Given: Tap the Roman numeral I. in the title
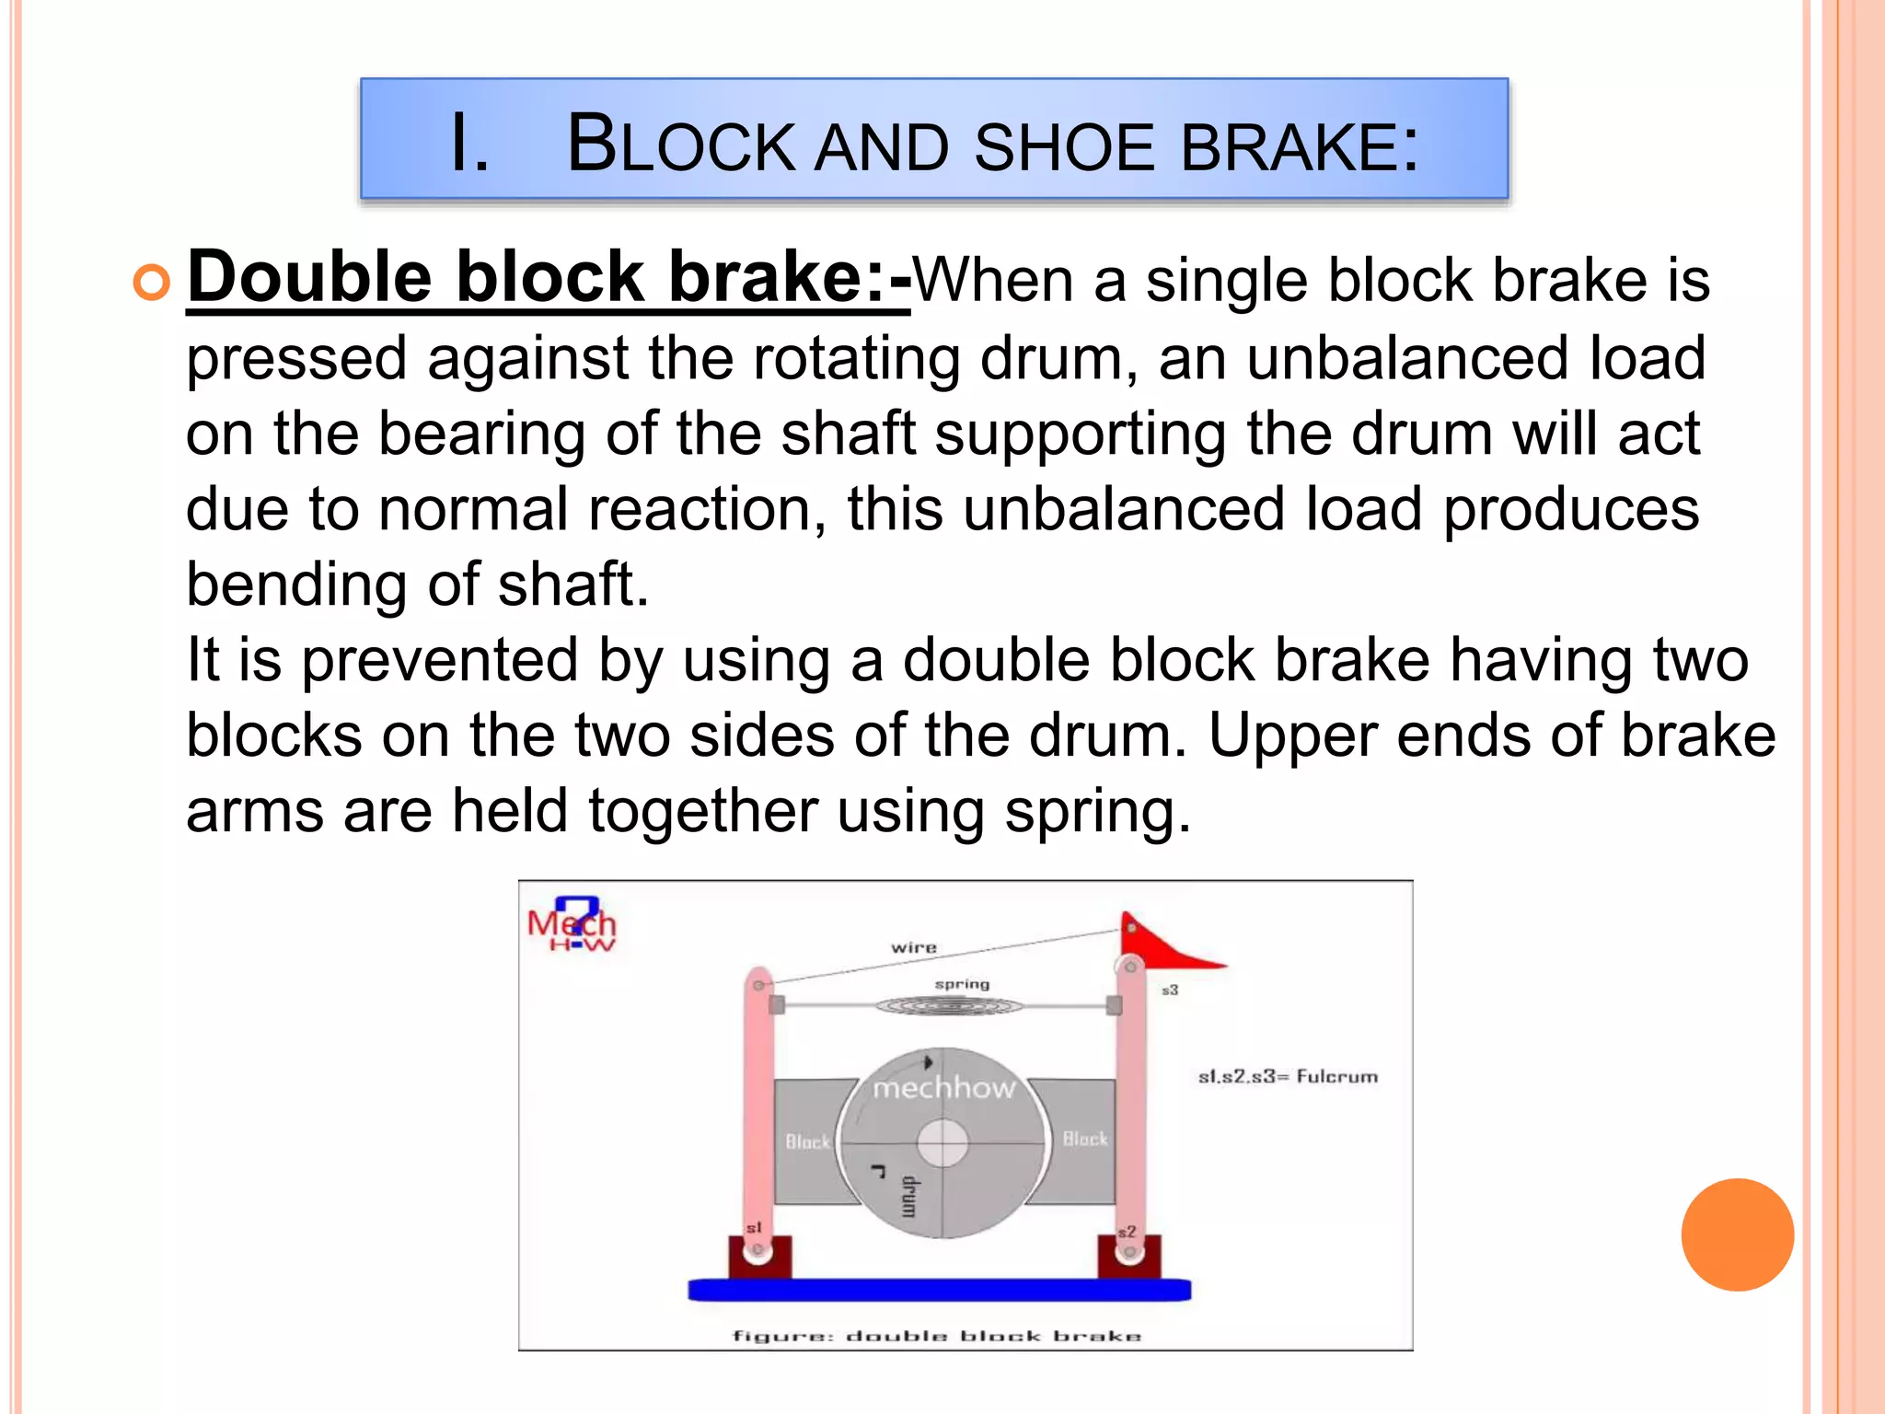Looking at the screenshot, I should click(x=469, y=144).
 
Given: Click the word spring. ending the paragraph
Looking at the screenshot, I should click(x=1097, y=812).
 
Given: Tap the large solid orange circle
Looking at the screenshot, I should click(x=1737, y=1234).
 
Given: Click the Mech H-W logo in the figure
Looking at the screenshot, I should click(x=572, y=925).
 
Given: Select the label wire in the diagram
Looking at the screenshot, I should click(x=913, y=947).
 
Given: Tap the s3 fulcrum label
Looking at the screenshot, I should click(x=1169, y=990).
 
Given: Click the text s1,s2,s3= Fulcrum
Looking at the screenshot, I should click(x=1287, y=1076).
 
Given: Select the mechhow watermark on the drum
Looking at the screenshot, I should click(x=943, y=1088).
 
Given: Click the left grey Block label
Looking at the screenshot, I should click(x=807, y=1142).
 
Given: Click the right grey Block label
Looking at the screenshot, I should click(x=1085, y=1139).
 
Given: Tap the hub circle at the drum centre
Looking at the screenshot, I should click(x=942, y=1143).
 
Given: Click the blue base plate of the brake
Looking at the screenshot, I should click(x=939, y=1290).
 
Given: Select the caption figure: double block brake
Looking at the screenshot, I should click(x=936, y=1336).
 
